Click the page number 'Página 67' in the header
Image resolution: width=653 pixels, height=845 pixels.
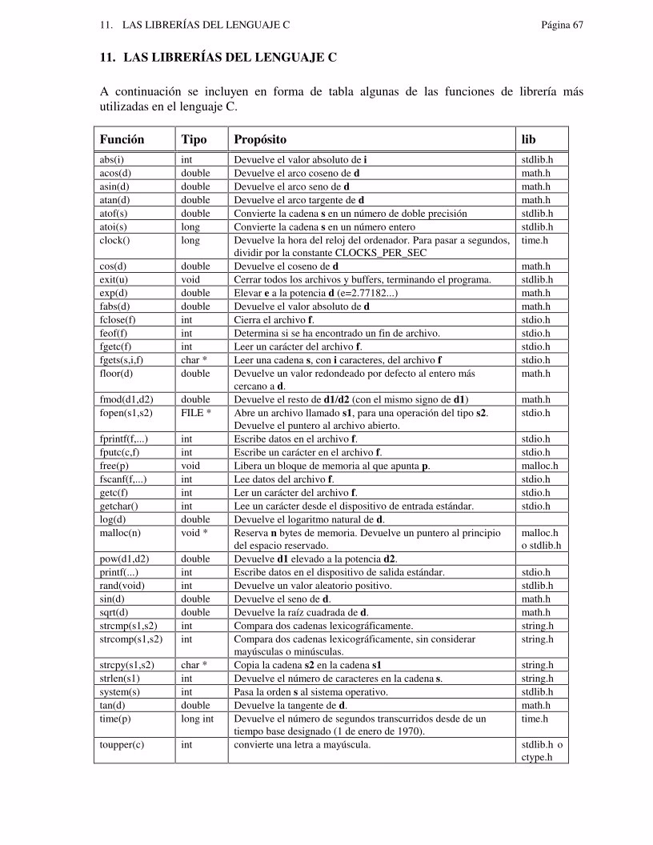tap(562, 26)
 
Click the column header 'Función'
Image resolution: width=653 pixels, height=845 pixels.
tap(122, 139)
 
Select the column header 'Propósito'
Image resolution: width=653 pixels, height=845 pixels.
tap(260, 139)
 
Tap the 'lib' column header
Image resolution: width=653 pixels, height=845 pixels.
tap(529, 139)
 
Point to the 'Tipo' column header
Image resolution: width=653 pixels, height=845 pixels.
tap(194, 139)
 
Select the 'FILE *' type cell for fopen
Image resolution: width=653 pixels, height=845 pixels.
tap(195, 413)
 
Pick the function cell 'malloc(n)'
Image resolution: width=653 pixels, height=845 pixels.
tap(120, 532)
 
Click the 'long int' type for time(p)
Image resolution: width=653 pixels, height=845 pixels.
tap(198, 719)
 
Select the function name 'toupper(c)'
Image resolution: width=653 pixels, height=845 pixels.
tap(122, 745)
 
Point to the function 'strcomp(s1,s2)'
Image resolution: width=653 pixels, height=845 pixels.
tap(130, 639)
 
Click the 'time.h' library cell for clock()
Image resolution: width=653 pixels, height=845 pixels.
tap(535, 240)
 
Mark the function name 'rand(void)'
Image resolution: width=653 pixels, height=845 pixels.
tap(122, 586)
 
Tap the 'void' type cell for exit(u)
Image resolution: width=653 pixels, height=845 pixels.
tap(190, 279)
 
